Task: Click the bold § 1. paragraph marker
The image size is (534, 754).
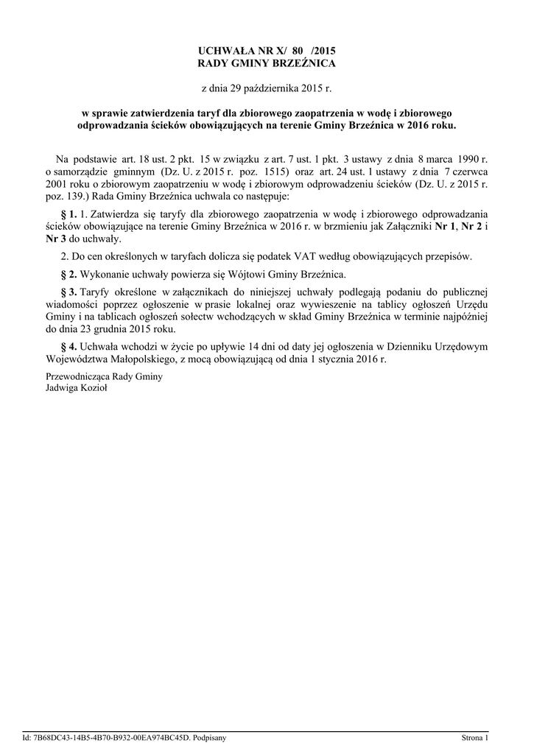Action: tap(68, 214)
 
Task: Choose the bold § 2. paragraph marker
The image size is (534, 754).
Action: tap(68, 274)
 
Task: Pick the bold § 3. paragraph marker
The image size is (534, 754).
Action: tap(68, 291)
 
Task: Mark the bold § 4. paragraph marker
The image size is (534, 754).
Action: tap(68, 346)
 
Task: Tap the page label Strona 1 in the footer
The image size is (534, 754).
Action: tap(474, 737)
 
